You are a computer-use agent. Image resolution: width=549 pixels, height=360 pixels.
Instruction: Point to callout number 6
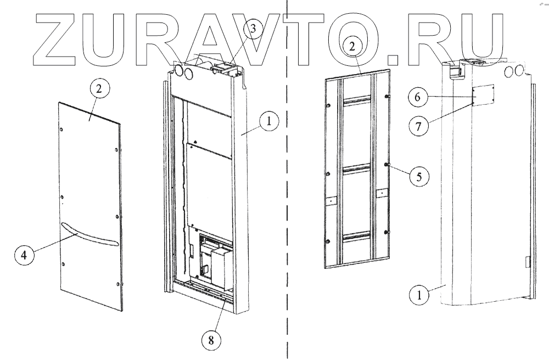click(x=417, y=97)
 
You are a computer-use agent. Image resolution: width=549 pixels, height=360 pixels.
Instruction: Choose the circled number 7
click(x=418, y=125)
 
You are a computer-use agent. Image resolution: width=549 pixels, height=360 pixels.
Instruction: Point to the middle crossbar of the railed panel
click(x=357, y=168)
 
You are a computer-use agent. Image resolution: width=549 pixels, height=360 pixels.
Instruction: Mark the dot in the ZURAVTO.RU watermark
click(x=393, y=57)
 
